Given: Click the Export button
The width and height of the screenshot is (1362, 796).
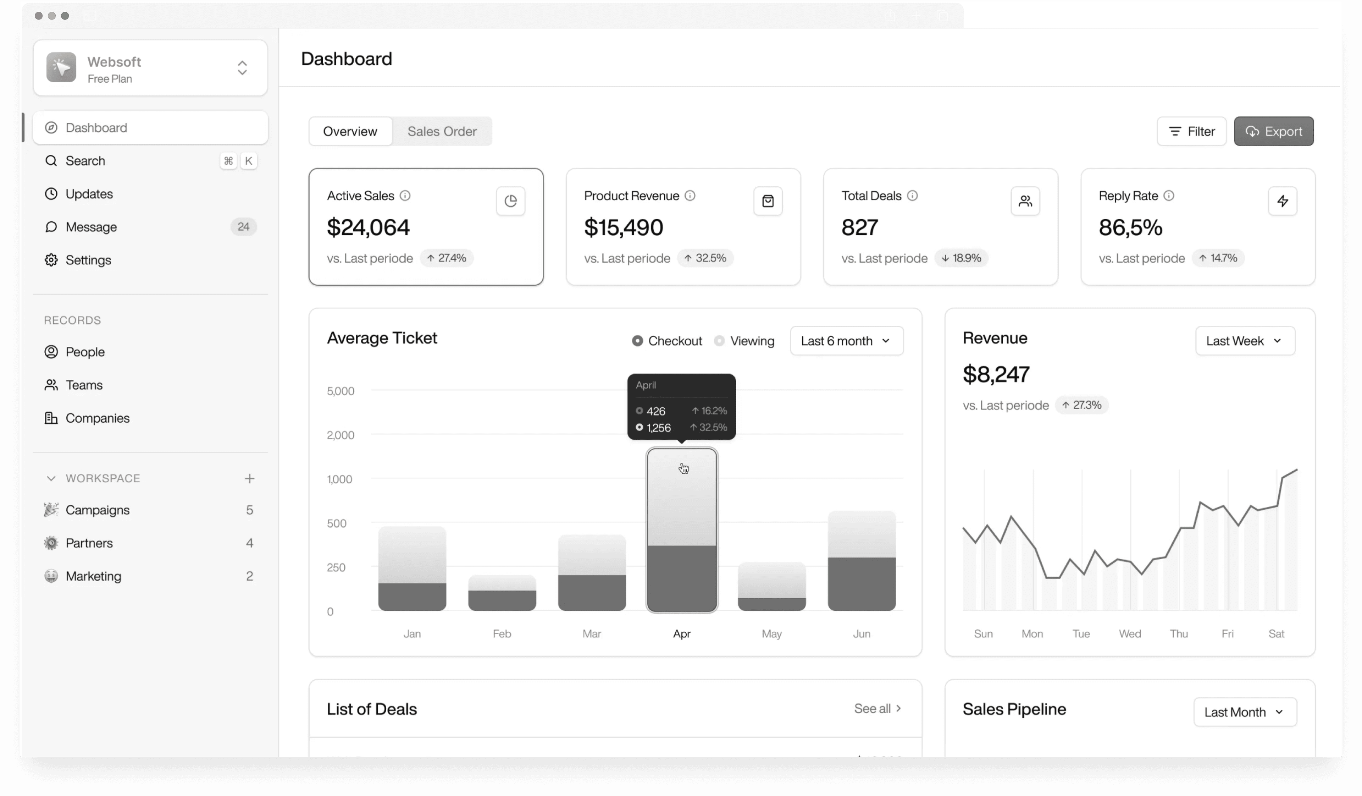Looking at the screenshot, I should tap(1273, 131).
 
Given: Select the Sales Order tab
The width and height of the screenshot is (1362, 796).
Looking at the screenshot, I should tap(442, 131).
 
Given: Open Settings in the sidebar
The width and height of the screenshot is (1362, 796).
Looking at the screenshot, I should tap(88, 260).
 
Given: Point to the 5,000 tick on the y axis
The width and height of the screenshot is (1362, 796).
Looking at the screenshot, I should tap(340, 391).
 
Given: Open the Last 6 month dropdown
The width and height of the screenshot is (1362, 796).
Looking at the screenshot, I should tap(846, 341).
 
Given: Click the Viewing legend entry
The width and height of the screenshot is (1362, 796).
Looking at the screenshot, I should tap(745, 341).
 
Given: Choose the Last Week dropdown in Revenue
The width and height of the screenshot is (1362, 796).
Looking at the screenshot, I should tap(1245, 341).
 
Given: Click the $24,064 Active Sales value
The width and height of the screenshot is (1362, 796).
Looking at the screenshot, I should tap(368, 227).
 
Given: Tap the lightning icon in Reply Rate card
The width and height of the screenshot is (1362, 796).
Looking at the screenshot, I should tap(1282, 201).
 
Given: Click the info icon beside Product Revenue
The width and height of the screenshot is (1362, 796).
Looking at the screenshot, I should tap(690, 196).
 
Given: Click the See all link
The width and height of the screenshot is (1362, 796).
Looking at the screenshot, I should tap(877, 708).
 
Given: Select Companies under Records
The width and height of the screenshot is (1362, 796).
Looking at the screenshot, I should tap(97, 418).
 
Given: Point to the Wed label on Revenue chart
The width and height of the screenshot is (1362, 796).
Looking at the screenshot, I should tap(1130, 634).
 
